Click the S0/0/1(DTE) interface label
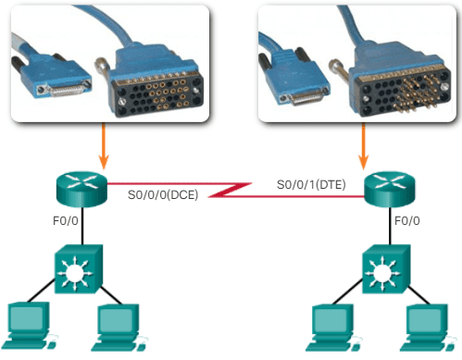point(311,184)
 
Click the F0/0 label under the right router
point(407,222)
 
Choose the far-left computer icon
point(27,325)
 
